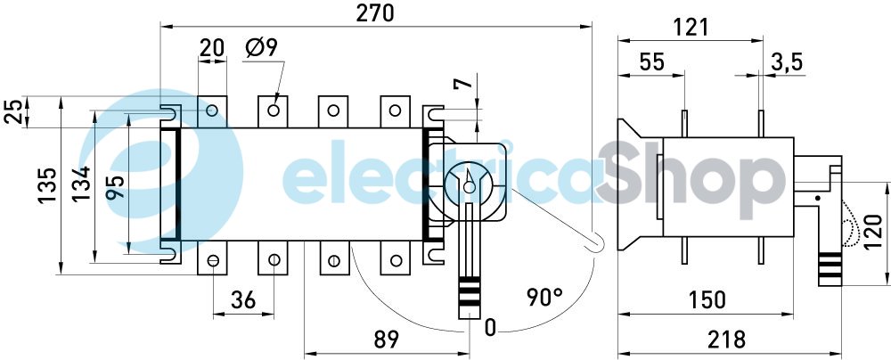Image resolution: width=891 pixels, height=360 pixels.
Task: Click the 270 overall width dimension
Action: click(x=375, y=13)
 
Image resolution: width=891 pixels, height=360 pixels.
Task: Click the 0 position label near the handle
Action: click(x=490, y=328)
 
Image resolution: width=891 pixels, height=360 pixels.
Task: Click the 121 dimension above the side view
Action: click(x=691, y=28)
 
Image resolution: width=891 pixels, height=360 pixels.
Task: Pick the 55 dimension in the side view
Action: click(x=652, y=61)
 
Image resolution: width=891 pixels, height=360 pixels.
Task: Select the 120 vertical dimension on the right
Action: click(x=875, y=233)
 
